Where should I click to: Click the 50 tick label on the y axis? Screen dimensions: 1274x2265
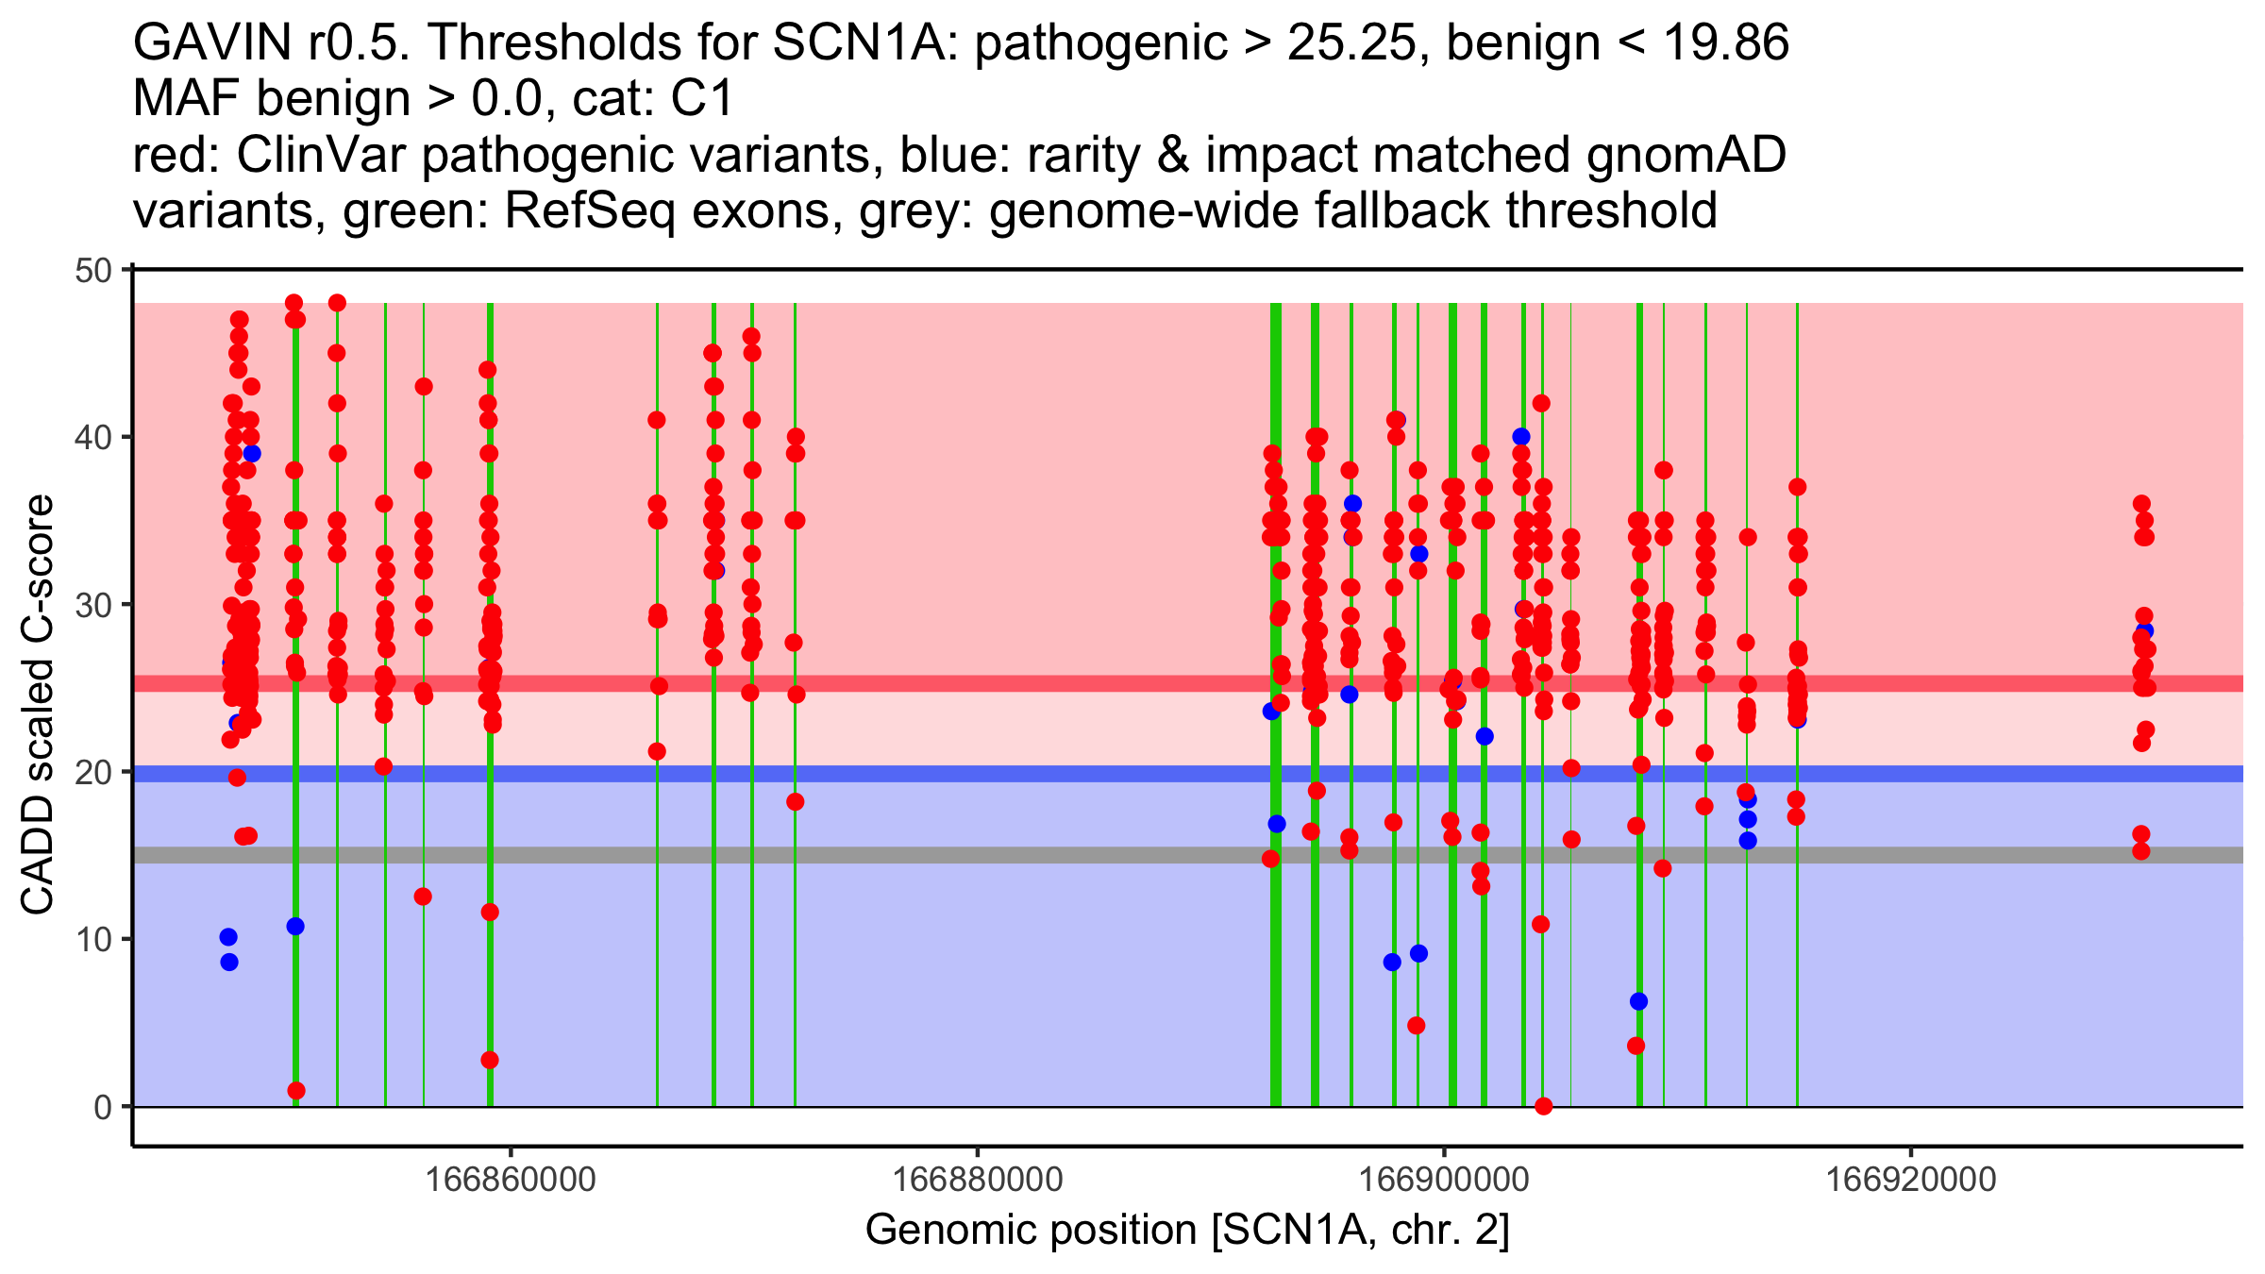(x=92, y=271)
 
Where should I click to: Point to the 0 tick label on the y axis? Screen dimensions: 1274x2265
(x=103, y=1107)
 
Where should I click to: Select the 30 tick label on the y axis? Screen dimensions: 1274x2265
(x=92, y=605)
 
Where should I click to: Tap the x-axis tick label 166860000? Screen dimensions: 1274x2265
(x=511, y=1180)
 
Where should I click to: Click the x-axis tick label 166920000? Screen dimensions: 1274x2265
(x=1911, y=1180)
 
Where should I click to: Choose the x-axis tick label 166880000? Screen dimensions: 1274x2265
(x=978, y=1180)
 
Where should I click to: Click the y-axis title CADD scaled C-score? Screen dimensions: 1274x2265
(x=38, y=705)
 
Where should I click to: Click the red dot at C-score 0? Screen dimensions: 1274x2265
(x=1543, y=1106)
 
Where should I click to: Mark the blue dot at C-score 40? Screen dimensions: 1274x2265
(x=1521, y=437)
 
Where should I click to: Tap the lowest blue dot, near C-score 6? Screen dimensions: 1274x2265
(x=1638, y=1001)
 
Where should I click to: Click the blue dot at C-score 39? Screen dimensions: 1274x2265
(x=252, y=453)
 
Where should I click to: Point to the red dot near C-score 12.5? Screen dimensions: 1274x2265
(x=423, y=897)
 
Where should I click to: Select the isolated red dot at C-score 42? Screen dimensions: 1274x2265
(x=1541, y=403)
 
